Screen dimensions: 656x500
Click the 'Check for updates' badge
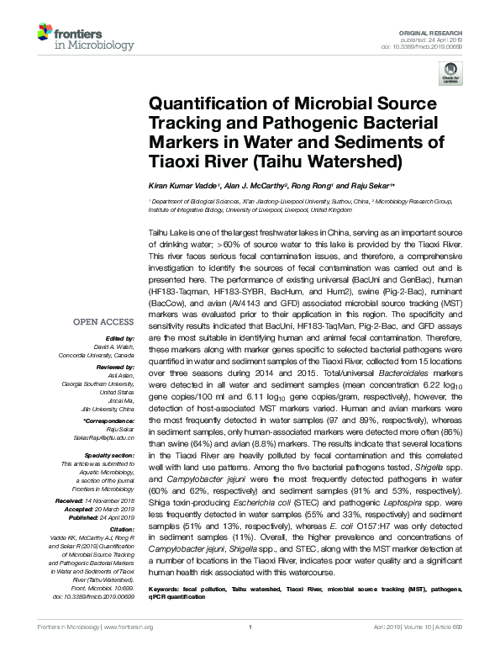[x=450, y=73]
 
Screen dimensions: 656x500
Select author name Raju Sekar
[x=370, y=185]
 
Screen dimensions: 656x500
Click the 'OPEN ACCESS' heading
[x=104, y=322]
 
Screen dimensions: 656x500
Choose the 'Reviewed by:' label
[x=114, y=368]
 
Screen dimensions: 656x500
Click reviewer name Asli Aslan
[x=118, y=376]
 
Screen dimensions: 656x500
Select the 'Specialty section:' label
[x=108, y=455]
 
